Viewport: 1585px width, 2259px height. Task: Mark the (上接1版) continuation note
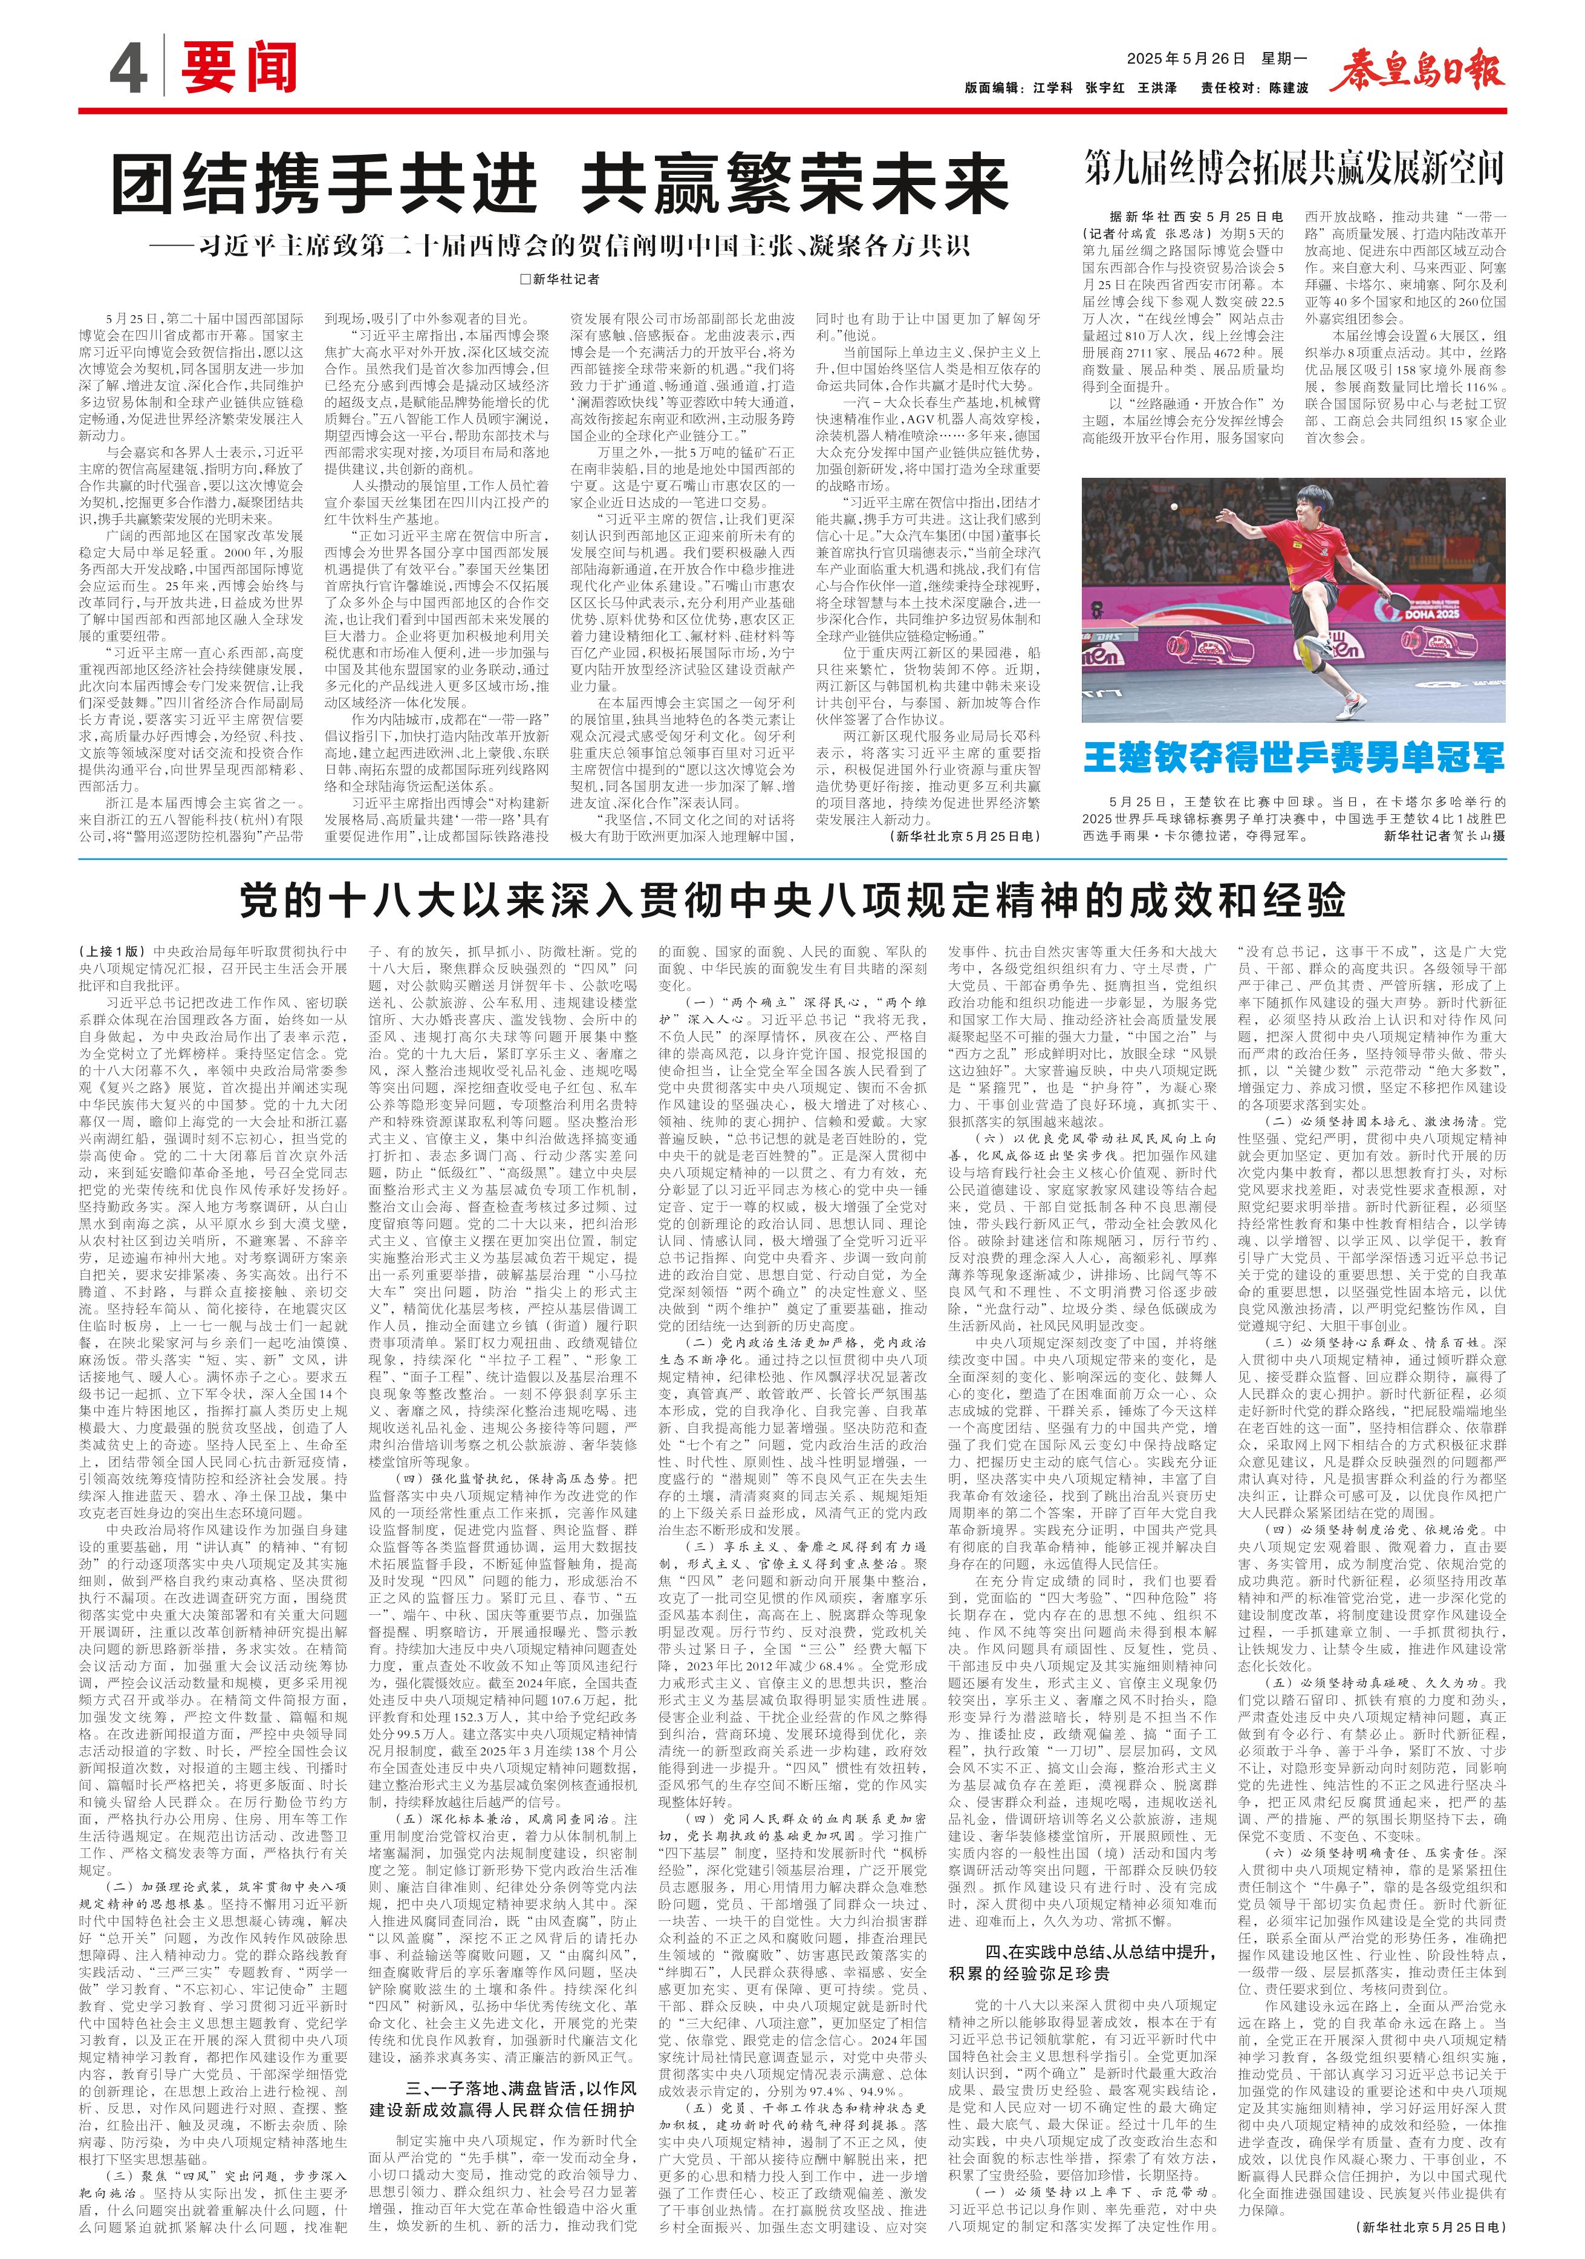point(112,953)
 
